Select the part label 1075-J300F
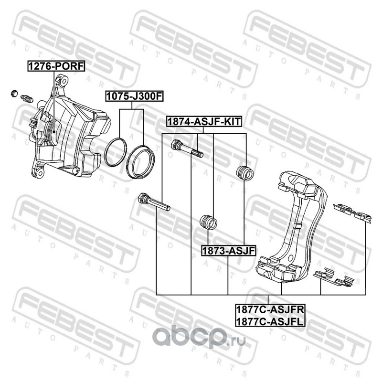135,97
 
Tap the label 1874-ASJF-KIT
204,122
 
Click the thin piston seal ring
115,153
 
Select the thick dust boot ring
140,161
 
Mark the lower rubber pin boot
208,222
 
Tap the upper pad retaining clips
351,212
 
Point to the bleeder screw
27,100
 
